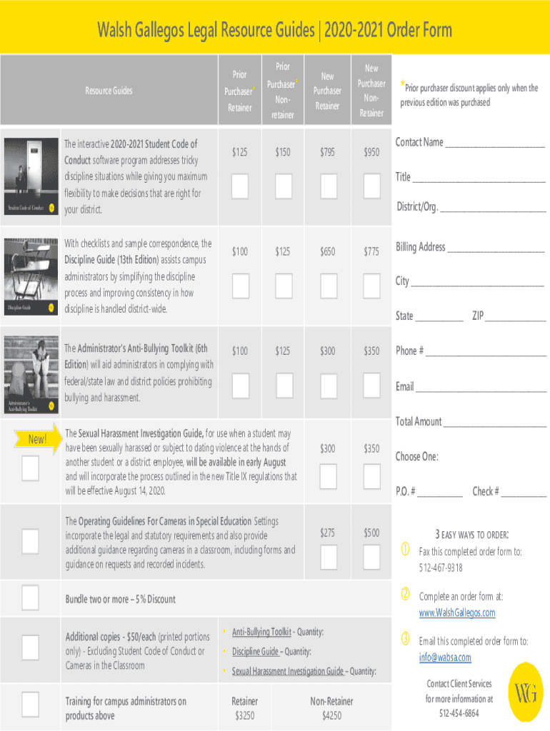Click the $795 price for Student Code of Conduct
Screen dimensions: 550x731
327,152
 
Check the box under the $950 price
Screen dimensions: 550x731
372,186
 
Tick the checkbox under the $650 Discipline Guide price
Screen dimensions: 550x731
329,286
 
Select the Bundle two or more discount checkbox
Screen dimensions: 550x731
30,598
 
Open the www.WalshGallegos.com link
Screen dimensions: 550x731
457,612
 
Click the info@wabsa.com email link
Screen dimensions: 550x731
445,657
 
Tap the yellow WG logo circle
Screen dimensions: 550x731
526,692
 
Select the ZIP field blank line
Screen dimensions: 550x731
516,321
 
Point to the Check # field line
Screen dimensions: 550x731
524,496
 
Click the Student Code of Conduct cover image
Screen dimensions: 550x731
31,176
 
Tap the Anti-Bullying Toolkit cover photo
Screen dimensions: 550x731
31,374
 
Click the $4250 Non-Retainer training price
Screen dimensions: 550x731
331,715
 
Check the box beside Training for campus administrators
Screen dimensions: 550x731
30,704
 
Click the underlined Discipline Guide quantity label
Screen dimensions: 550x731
255,651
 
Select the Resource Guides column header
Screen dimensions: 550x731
109,91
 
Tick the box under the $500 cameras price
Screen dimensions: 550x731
372,557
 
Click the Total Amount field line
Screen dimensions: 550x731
495,426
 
